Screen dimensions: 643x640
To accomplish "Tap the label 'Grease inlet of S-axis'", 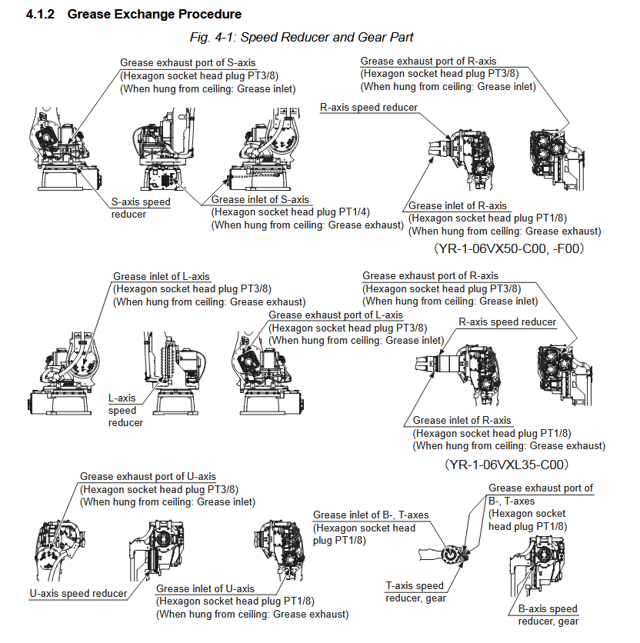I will (x=260, y=200).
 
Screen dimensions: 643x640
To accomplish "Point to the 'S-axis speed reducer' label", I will (x=141, y=208).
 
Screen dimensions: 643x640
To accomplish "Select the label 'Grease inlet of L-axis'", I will (x=161, y=277).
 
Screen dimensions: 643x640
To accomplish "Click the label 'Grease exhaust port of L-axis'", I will (x=335, y=315).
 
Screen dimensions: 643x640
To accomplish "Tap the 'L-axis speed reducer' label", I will (x=125, y=410).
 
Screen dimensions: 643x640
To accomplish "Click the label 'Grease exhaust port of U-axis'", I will (x=148, y=477).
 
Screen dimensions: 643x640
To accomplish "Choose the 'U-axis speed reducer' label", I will (x=78, y=593).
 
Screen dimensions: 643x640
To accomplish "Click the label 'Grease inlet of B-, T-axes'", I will (x=371, y=515).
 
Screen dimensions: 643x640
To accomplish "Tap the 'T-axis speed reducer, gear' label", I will (x=415, y=591).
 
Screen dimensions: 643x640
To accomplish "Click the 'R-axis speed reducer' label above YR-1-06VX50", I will (x=368, y=107).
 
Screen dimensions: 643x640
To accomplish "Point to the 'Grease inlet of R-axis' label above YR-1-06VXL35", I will (x=462, y=421).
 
